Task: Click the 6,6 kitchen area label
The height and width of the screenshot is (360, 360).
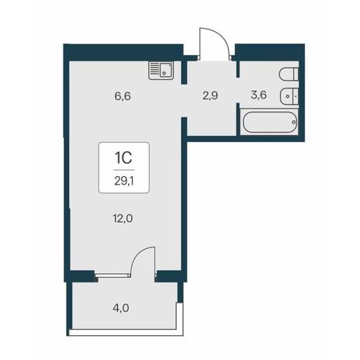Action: [123, 96]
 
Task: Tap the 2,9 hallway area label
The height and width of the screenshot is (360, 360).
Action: [210, 95]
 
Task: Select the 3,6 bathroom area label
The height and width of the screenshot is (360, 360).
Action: [258, 95]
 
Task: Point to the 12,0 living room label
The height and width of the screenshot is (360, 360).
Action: [123, 219]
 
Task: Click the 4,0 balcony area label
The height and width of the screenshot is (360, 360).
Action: [121, 308]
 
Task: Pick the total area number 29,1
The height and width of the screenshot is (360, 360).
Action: [124, 182]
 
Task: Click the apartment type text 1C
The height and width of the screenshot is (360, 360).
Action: [123, 157]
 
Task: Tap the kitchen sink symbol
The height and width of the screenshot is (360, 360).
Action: [161, 71]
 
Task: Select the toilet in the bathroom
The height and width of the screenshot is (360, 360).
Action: [289, 74]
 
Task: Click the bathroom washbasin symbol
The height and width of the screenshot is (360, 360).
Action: [289, 96]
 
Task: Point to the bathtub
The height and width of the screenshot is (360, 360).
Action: [269, 122]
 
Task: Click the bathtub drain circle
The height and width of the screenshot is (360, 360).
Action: [293, 122]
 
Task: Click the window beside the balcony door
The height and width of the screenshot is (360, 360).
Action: [113, 275]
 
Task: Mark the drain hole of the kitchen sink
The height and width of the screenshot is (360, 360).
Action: [164, 73]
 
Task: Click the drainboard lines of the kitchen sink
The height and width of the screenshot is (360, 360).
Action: [154, 70]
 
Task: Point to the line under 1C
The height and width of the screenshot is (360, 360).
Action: [124, 170]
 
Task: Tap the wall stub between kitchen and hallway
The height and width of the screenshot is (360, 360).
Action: [184, 72]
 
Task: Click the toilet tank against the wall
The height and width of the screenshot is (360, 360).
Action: [296, 74]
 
